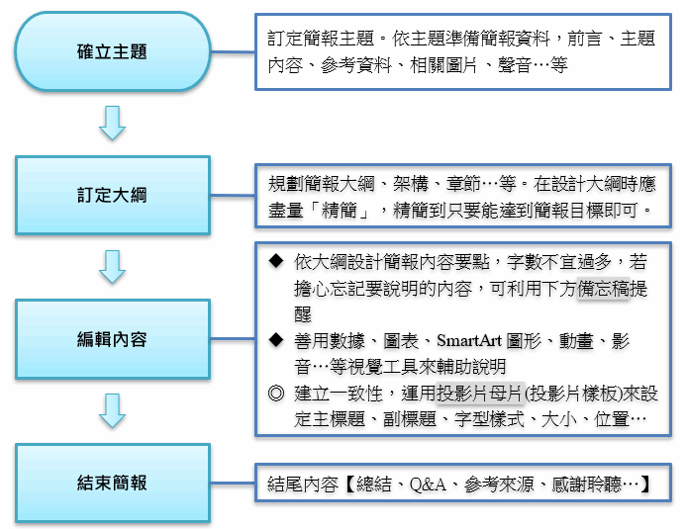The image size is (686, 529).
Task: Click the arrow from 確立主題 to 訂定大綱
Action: click(x=113, y=123)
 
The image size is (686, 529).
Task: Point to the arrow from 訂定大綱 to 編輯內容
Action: click(x=113, y=266)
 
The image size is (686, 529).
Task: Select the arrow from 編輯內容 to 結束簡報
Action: click(x=113, y=410)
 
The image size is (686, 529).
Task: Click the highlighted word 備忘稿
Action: click(x=603, y=290)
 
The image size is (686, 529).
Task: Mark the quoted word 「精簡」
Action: click(x=343, y=210)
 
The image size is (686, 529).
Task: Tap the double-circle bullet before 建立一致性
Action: click(x=276, y=394)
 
